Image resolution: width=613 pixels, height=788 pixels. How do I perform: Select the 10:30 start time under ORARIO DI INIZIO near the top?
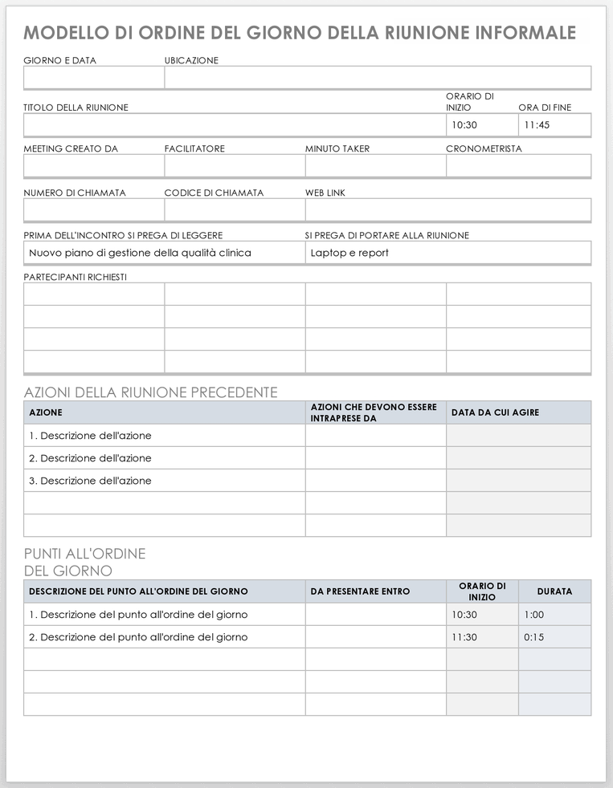point(464,125)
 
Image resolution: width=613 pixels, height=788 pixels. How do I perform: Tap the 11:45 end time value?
point(537,125)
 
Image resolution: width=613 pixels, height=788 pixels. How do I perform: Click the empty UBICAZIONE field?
point(378,78)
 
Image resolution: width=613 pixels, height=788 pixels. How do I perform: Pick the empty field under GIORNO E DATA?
point(94,78)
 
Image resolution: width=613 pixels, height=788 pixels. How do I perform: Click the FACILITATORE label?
point(194,148)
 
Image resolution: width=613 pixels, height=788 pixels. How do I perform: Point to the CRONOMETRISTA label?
point(484,148)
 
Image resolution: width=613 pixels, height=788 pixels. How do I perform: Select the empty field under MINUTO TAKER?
point(375,166)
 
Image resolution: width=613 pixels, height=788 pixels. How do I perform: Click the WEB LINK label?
point(325,193)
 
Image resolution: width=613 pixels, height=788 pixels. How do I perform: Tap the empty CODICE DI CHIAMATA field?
point(235,210)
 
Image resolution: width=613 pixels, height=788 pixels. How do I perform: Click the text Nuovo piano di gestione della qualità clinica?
point(140,253)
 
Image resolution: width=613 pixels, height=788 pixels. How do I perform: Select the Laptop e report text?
point(349,253)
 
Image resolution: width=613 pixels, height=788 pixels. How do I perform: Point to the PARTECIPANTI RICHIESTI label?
point(76,277)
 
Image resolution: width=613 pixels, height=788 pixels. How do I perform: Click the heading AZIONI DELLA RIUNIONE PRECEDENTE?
point(151,392)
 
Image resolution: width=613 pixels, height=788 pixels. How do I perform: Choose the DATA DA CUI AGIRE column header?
point(495,412)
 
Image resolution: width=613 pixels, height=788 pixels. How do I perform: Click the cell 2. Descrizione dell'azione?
point(90,458)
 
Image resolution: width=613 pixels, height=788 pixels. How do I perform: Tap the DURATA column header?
point(554,591)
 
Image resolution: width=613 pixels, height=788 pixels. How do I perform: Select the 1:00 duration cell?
point(534,615)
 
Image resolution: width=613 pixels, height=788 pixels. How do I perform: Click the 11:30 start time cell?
point(464,637)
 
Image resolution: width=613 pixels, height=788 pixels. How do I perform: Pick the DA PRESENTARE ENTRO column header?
point(360,591)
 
